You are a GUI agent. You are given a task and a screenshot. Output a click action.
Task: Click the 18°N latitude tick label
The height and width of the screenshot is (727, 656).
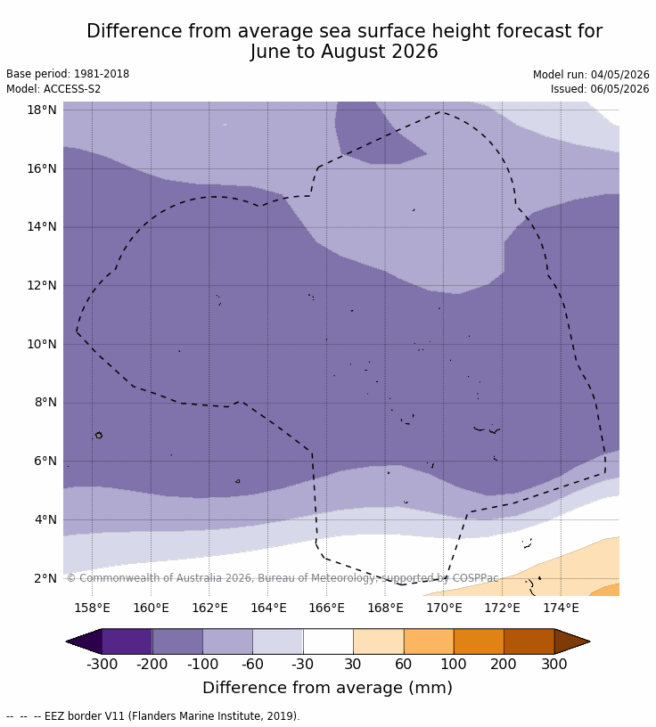pos(42,110)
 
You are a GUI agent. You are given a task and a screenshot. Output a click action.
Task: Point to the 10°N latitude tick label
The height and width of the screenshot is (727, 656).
pos(42,344)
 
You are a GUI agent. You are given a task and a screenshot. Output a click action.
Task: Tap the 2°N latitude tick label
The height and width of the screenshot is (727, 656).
pos(45,578)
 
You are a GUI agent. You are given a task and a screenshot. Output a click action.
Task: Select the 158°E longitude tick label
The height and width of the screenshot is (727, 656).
pos(93,608)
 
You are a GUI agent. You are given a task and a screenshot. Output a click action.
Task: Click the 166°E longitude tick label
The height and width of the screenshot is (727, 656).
pos(326,608)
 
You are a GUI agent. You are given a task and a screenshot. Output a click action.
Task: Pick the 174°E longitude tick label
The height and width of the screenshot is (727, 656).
pos(561,608)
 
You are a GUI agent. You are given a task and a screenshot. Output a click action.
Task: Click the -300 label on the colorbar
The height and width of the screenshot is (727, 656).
pos(102,664)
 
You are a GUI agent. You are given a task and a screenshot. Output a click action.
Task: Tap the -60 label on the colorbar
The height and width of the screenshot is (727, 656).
pos(252,664)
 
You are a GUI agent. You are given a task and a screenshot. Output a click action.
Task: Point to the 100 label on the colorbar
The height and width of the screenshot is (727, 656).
pos(454,664)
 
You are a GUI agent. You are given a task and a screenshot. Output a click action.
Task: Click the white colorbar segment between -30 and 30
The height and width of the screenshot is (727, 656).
pos(328,641)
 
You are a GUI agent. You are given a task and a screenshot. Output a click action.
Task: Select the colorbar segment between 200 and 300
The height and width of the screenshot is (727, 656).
pos(529,641)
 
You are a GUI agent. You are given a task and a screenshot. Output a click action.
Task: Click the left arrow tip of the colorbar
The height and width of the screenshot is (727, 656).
pos(66,641)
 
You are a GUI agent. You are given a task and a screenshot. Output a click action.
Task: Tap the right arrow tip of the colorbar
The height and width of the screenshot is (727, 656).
pos(590,641)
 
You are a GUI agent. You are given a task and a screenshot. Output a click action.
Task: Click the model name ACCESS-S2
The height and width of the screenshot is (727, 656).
pos(72,88)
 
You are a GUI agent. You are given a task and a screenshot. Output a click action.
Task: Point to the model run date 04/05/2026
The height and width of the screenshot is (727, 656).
pos(619,75)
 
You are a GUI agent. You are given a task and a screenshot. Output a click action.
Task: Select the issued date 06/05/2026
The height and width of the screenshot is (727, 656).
pos(619,88)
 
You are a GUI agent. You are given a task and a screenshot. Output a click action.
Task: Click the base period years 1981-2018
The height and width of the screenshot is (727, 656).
pos(102,74)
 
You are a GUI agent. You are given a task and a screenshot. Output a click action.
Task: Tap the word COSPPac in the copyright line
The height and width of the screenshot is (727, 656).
pos(476,577)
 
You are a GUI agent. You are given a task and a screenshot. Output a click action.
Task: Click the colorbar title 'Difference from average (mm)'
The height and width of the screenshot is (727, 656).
pos(327,688)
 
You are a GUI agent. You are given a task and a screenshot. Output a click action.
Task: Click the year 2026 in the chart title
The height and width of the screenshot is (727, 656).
pos(414,52)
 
